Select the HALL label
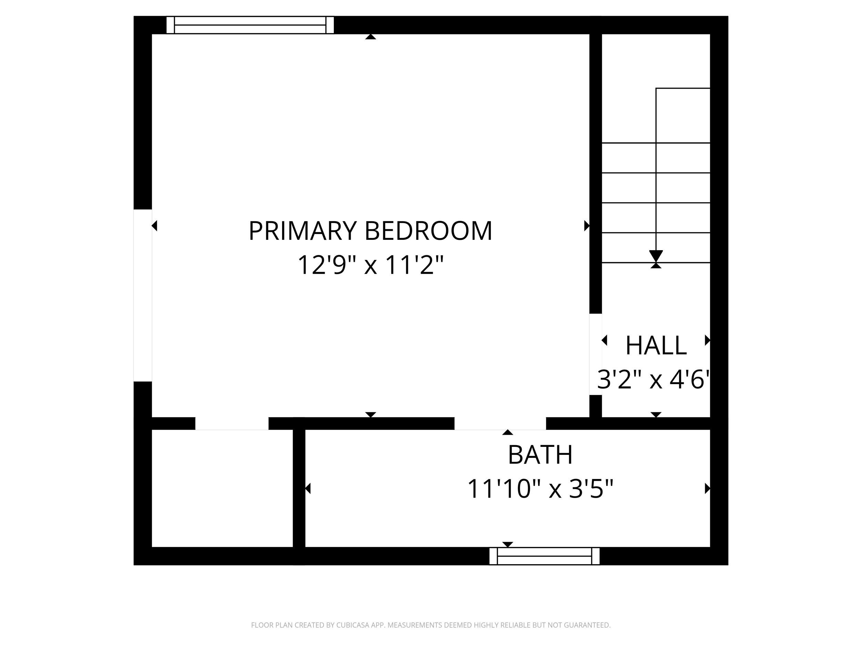(656, 345)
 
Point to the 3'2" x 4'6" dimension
(653, 380)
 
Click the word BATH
(540, 455)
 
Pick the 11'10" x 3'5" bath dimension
(540, 489)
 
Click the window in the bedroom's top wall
(250, 25)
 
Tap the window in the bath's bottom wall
(544, 556)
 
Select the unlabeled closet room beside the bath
(222, 488)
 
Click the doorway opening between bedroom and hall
(595, 354)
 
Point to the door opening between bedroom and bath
(500, 423)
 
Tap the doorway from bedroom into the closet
(232, 423)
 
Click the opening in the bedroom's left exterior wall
(143, 296)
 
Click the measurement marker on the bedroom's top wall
(371, 37)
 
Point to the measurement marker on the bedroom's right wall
(587, 226)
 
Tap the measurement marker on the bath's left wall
(308, 488)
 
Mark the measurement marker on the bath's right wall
(707, 488)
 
